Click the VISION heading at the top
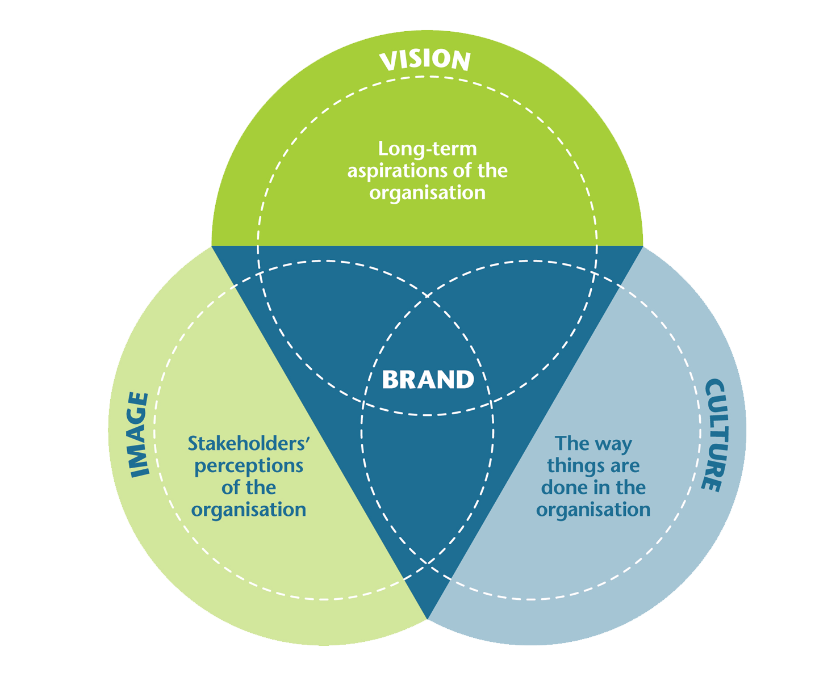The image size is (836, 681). (425, 61)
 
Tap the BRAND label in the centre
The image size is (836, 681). (428, 379)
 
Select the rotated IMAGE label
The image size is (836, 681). (139, 435)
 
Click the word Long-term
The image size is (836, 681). (427, 149)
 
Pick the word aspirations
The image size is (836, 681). (396, 171)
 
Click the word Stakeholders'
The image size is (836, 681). (248, 443)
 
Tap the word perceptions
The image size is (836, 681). (248, 466)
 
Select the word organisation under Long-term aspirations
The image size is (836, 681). (427, 193)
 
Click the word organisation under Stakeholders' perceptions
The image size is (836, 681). (248, 510)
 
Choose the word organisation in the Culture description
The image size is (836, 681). (593, 510)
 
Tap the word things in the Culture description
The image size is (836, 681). (570, 466)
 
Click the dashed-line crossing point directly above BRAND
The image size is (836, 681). (427, 296)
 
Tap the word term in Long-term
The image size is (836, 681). (454, 149)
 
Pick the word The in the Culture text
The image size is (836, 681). (570, 443)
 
